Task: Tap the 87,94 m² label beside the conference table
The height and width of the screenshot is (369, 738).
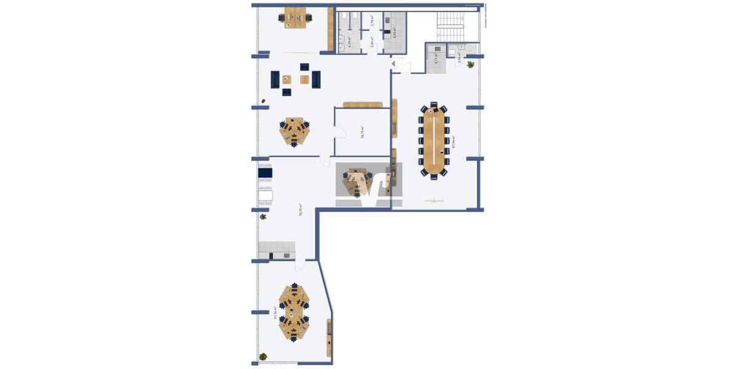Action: tap(453, 141)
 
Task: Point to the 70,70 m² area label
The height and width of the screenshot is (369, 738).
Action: tap(300, 210)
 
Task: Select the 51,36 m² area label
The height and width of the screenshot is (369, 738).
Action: tap(275, 312)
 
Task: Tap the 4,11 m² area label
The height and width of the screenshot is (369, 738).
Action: tap(436, 58)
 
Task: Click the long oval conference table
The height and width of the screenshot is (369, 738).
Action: tap(435, 139)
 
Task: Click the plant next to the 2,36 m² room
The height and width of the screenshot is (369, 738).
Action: tap(471, 64)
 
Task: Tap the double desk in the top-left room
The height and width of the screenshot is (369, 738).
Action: tap(295, 17)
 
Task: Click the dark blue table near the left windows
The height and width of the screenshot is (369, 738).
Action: tap(265, 173)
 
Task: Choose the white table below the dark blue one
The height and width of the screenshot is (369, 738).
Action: tap(265, 196)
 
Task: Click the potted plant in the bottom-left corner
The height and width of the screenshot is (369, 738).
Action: tap(263, 356)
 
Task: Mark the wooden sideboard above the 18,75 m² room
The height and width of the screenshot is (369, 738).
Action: tap(363, 105)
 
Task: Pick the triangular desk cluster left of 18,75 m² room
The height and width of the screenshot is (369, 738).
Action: tap(295, 130)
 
